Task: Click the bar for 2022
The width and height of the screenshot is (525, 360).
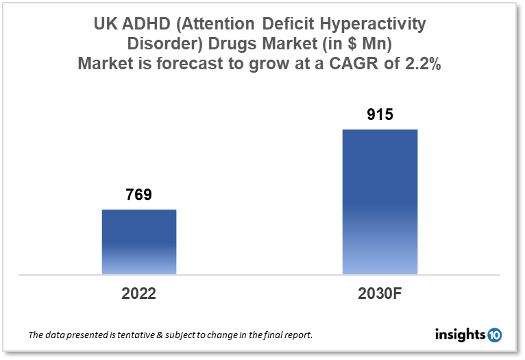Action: click(x=139, y=241)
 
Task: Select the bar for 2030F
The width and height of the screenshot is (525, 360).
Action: click(x=380, y=202)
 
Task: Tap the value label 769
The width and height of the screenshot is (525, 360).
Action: click(x=138, y=195)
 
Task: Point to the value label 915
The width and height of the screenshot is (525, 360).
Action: click(x=380, y=115)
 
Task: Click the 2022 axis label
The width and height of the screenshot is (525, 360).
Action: click(x=139, y=294)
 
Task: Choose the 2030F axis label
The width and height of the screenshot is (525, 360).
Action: click(x=380, y=294)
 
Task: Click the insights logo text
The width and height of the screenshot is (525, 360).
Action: click(x=460, y=335)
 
